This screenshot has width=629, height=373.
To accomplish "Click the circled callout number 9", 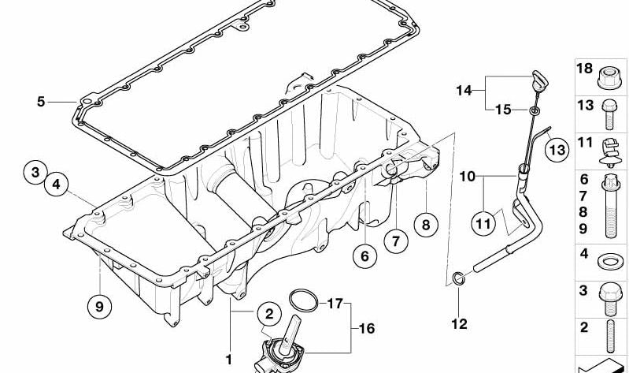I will (x=98, y=307).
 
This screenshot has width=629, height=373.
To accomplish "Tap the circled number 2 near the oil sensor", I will (x=268, y=314).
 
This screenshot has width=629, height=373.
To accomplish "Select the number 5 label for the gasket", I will (x=41, y=101).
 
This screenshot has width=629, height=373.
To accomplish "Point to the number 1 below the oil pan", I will (x=229, y=359).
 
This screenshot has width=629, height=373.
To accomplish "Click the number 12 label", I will (x=459, y=323).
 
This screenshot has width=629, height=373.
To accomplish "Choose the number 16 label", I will (x=366, y=328).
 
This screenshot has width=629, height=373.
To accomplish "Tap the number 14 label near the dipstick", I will (x=464, y=91).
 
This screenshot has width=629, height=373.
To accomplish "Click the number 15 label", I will (x=503, y=110).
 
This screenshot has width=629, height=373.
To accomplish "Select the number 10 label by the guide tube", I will (x=468, y=177).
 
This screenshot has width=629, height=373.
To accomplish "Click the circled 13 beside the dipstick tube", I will (x=556, y=148).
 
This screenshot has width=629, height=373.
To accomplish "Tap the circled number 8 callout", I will (x=425, y=225).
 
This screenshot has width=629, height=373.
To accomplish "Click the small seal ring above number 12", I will (x=458, y=278).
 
